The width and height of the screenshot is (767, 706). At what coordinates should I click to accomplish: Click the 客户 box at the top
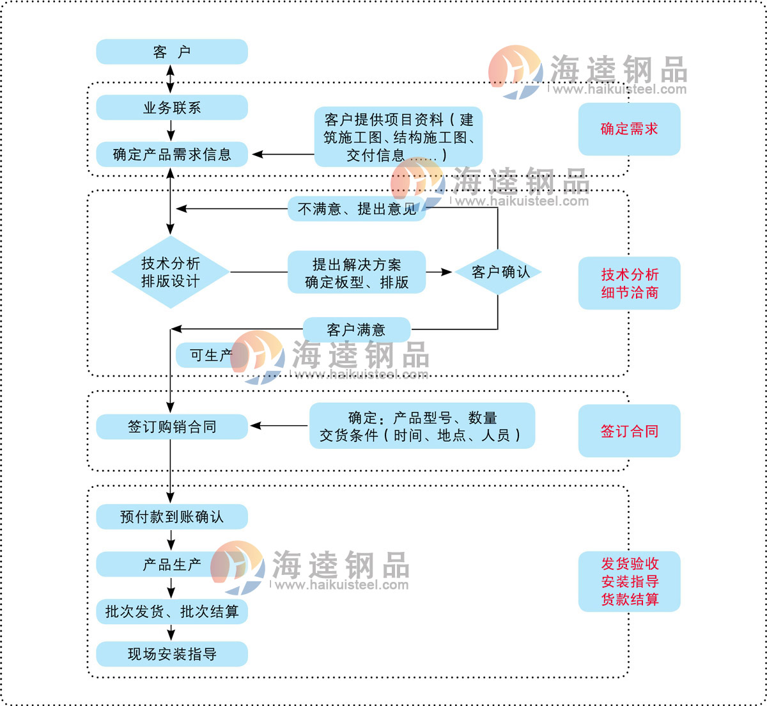[171, 52]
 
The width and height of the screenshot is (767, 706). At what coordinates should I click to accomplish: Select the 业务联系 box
[171, 107]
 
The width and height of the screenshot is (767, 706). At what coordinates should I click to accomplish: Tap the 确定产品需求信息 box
[171, 154]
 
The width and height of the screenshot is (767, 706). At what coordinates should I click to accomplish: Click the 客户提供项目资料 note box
[398, 137]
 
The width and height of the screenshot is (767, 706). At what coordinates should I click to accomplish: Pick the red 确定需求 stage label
[629, 129]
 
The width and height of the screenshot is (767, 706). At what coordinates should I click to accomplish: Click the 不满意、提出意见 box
[357, 209]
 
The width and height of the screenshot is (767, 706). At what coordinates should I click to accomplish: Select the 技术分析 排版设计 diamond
[170, 272]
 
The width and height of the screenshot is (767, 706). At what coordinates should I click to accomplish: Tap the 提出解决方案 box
[357, 272]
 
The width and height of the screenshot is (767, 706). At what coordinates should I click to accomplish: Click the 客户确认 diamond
[499, 272]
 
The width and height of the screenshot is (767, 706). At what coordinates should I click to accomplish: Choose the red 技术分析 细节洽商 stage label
[629, 283]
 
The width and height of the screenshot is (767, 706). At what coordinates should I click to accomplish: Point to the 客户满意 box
[356, 330]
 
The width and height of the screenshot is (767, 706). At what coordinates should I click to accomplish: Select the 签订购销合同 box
[171, 427]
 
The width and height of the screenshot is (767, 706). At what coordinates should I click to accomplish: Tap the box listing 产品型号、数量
[422, 426]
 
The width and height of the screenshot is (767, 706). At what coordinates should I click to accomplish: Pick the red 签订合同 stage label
[629, 431]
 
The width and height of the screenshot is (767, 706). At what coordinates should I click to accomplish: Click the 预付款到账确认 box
[171, 517]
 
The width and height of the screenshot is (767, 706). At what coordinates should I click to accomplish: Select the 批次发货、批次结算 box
[171, 611]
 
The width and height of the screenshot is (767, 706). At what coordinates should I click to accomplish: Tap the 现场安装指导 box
[171, 654]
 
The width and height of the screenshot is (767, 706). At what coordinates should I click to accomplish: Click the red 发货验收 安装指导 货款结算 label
[629, 581]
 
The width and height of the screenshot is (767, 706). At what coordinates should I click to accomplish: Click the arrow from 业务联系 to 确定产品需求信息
[171, 131]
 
